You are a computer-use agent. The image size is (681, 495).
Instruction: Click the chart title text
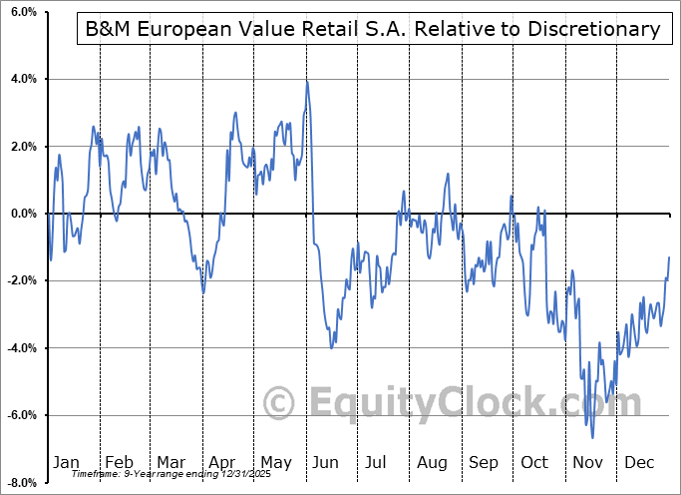click(x=369, y=29)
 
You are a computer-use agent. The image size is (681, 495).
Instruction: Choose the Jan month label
click(x=66, y=463)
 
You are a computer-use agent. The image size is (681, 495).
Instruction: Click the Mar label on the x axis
click(x=171, y=463)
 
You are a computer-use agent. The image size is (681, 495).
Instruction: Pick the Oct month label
click(x=535, y=463)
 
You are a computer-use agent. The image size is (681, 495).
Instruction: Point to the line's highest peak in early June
click(x=307, y=82)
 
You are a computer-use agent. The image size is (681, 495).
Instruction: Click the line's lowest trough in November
click(x=593, y=437)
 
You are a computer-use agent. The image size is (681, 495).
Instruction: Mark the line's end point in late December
click(x=669, y=257)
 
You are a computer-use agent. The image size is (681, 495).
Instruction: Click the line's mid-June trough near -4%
click(x=331, y=347)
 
